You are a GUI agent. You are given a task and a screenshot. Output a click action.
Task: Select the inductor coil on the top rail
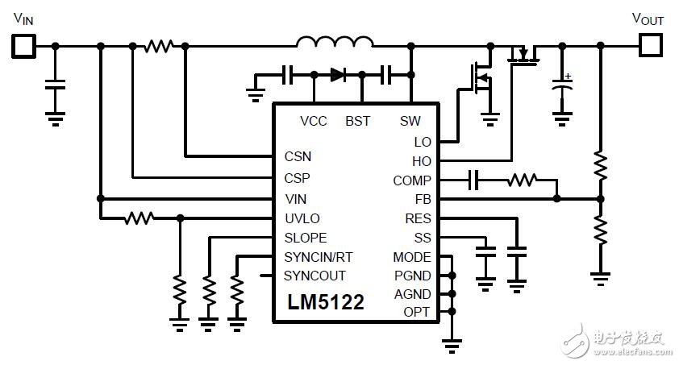coord(335,43)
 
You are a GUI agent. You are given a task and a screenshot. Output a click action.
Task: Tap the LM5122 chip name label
coord(326,302)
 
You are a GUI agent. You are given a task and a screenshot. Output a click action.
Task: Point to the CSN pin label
coord(298,156)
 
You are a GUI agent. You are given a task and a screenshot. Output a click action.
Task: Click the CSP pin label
coord(298,177)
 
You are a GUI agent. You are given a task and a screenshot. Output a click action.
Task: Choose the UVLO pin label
coord(302,218)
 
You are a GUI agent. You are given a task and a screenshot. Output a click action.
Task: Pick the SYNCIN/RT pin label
coord(318,257)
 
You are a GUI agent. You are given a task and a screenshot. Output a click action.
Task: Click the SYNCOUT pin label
coord(315,276)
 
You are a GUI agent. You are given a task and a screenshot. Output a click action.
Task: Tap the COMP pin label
coord(411,180)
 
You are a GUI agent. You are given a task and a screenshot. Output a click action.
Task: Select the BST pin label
coord(357,122)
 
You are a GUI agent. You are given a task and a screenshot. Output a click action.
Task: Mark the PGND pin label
coord(412,276)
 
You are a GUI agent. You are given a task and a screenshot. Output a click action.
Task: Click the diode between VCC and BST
coord(337,76)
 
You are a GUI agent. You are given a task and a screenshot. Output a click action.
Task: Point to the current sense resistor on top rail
coord(158,47)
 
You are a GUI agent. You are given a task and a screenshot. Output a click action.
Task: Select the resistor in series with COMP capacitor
coord(522,180)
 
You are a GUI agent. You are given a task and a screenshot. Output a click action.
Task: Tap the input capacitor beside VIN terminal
coord(55,85)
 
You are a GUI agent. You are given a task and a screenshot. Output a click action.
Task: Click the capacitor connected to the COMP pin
coord(475,180)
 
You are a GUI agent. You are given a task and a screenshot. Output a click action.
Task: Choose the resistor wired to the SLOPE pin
coord(208,288)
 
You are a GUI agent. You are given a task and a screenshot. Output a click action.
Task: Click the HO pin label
coord(421,161)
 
